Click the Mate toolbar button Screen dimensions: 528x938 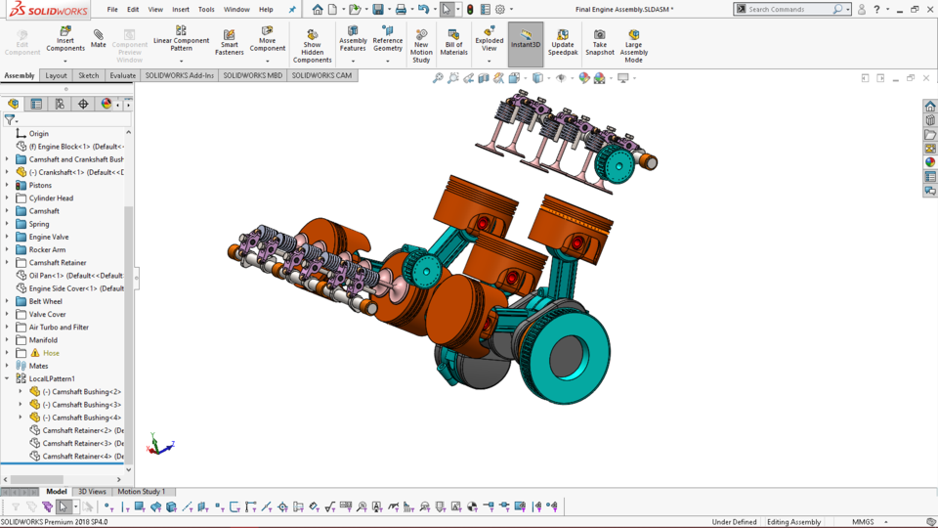[99, 39]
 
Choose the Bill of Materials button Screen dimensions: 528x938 [453, 41]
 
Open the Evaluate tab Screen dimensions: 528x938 [123, 75]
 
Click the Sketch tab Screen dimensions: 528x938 [89, 75]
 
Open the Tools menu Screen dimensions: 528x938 [206, 9]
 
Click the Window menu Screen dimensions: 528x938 [236, 9]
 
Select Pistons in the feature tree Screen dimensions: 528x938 [40, 185]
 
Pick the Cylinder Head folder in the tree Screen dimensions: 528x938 [51, 198]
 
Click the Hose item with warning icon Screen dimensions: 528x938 [50, 353]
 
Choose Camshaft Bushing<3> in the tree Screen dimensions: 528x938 [81, 405]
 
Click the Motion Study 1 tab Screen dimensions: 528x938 [142, 492]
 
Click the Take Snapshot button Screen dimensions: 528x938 [600, 41]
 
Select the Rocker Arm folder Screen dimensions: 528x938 [47, 249]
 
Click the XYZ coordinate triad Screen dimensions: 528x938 [159, 445]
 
